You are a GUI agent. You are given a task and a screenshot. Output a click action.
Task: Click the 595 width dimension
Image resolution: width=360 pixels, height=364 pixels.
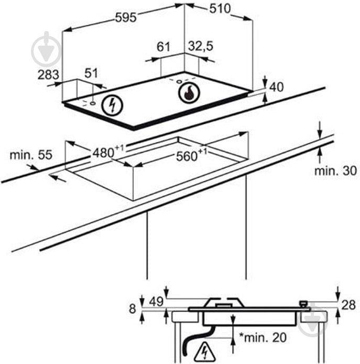(126, 17)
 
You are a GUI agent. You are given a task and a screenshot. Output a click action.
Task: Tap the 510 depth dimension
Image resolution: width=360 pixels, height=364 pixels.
(220, 9)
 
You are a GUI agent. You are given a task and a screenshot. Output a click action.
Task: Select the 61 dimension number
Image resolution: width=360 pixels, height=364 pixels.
(163, 47)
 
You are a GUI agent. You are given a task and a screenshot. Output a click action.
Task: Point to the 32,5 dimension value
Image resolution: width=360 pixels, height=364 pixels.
(200, 46)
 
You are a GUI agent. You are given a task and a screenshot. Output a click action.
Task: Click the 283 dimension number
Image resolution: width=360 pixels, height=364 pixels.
(48, 75)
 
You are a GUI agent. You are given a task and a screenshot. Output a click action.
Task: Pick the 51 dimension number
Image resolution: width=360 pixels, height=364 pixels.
(91, 73)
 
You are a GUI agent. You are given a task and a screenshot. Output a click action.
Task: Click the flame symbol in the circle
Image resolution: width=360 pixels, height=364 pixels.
(189, 92)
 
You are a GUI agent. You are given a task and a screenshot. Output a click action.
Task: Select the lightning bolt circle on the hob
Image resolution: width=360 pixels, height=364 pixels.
(112, 105)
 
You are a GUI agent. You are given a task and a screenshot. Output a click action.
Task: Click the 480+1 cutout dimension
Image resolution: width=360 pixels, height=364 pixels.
(108, 152)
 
